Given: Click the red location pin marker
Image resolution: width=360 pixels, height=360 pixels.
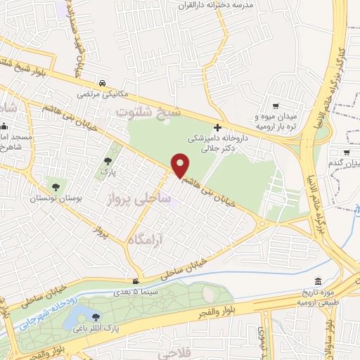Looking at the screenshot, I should (x=180, y=165).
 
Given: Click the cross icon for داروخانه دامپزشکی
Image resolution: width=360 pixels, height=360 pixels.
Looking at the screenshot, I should (x=217, y=127).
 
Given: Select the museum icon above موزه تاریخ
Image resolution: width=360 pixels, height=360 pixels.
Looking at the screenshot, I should (x=319, y=282).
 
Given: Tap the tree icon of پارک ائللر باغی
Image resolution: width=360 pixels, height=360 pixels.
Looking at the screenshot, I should (x=96, y=316).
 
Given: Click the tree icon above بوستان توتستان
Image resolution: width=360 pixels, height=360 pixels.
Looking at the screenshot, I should (x=56, y=187).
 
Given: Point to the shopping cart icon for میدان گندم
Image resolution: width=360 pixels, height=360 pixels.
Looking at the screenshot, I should (x=347, y=153).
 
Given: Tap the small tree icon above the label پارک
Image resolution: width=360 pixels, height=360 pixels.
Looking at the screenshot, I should (x=107, y=161).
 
